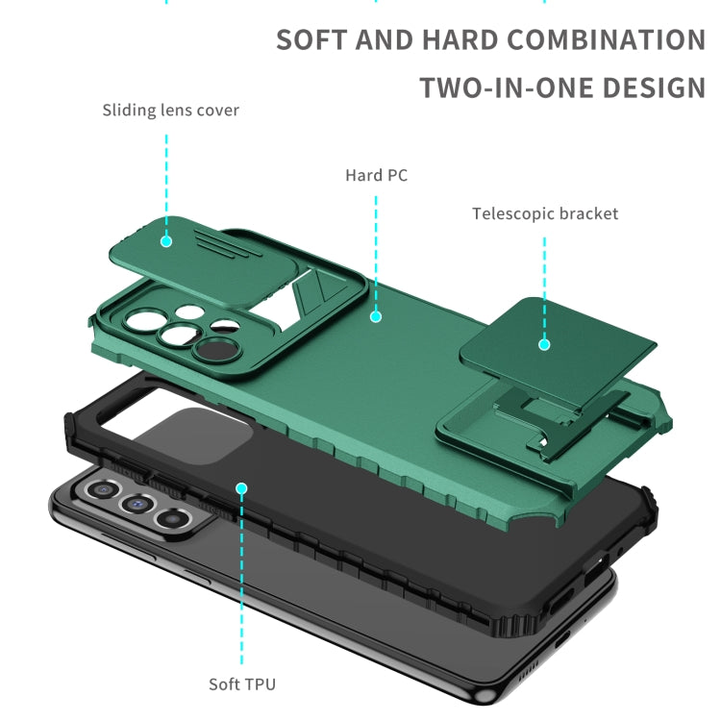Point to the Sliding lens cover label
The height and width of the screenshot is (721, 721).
(x=170, y=111)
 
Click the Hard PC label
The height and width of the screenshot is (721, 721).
(x=376, y=175)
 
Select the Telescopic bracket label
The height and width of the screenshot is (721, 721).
(x=545, y=213)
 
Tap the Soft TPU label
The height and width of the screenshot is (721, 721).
(x=242, y=684)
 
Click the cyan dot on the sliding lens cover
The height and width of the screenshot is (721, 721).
(x=166, y=241)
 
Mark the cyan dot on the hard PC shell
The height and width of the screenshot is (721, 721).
(x=376, y=316)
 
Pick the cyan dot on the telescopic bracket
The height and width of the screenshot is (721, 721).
(x=544, y=344)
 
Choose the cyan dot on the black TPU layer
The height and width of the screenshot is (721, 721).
(x=241, y=488)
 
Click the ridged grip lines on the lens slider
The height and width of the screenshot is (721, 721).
(x=229, y=243)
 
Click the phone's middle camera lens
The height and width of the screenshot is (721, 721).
(x=137, y=504)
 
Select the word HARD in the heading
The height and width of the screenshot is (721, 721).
(x=460, y=39)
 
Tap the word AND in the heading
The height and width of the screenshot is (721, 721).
(x=384, y=39)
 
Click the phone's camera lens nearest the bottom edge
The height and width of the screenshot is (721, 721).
(x=172, y=519)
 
